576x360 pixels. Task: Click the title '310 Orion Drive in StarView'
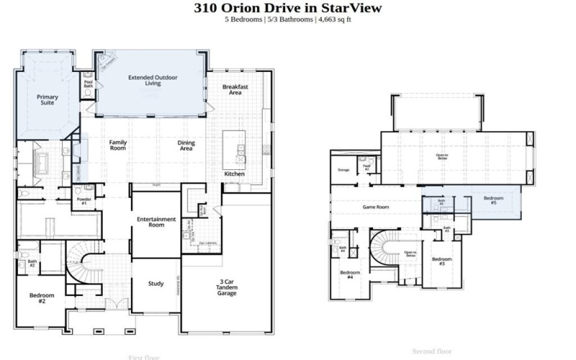(288, 8)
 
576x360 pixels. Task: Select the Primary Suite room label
(48, 99)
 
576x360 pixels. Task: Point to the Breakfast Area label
(235, 89)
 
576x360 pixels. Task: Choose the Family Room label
(118, 145)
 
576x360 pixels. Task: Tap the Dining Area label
(186, 145)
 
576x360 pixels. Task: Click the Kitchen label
(234, 174)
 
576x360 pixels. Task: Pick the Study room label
(156, 283)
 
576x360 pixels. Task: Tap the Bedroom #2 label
(37, 299)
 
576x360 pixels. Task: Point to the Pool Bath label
(89, 84)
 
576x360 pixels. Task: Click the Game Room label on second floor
(375, 207)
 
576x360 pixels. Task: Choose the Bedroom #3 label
(441, 261)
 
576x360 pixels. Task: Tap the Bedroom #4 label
(350, 275)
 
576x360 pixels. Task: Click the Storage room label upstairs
(343, 170)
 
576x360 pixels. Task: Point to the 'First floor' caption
(144, 357)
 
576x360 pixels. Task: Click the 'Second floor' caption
(431, 351)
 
